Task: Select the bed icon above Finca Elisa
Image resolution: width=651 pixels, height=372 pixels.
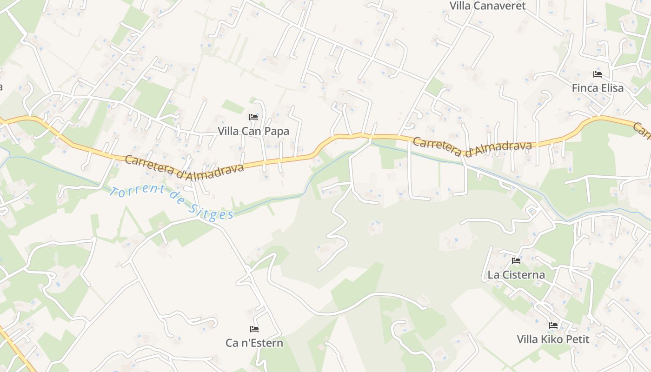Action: pos(598,74)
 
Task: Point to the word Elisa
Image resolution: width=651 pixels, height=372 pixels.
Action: pos(611,87)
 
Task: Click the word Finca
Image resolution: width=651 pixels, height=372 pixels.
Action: pos(585,87)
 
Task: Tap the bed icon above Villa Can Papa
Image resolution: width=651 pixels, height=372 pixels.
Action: pos(253,117)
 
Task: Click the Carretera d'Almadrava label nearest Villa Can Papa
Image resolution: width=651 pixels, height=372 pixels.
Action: pos(184,165)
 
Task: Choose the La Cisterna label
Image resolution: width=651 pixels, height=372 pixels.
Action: pos(516,275)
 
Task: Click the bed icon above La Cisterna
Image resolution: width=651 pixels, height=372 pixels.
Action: pos(516,261)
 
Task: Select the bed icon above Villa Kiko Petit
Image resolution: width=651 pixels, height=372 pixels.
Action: pos(553,325)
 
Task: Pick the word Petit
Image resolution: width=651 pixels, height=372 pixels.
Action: pos(578,339)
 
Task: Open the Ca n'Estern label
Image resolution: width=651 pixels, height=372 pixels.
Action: pos(254,343)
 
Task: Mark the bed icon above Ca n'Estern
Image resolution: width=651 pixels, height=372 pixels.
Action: pos(254,329)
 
